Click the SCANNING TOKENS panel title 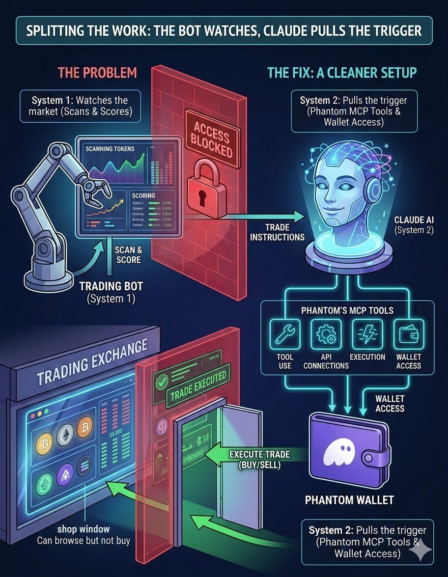point(109,149)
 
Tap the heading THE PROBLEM point(97,73)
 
